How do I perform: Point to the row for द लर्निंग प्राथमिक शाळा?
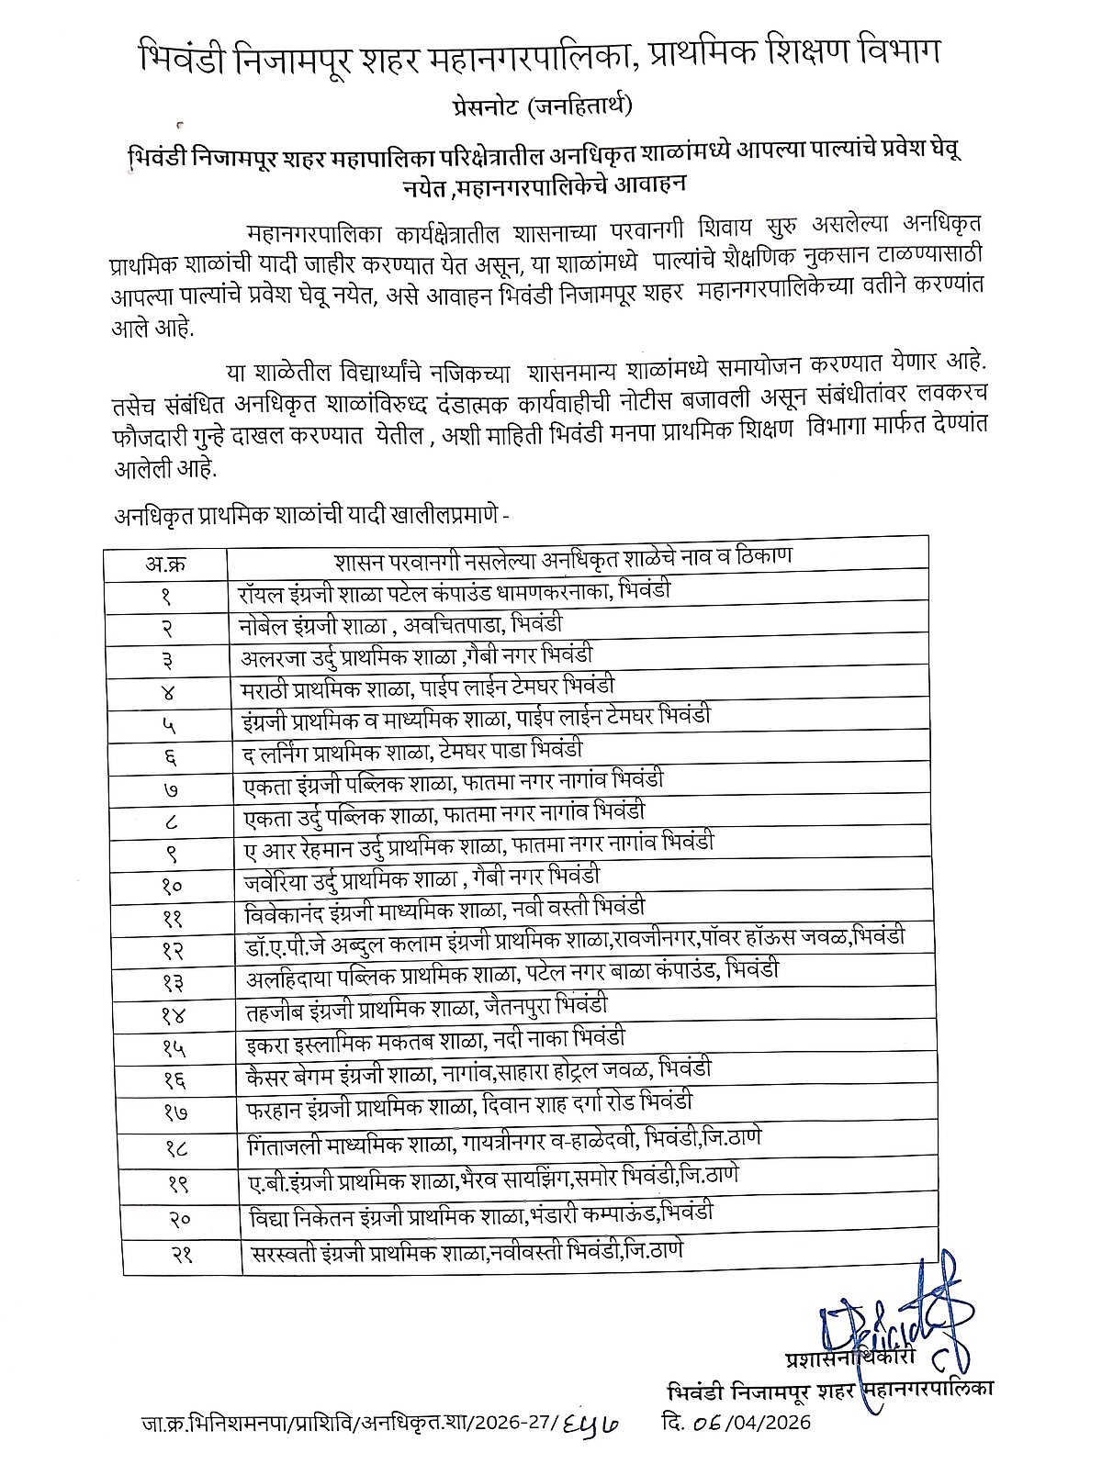415,751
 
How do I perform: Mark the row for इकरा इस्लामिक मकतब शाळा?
436,1040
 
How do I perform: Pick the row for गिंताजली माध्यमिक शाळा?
505,1140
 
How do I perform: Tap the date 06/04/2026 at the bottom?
735,1424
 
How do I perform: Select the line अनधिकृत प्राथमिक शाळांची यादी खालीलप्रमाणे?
311,516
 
